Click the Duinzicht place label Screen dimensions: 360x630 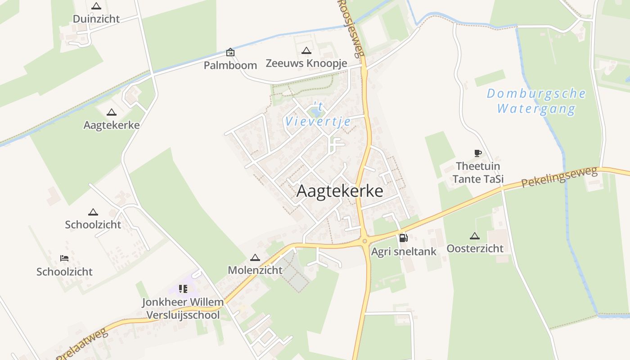[x=96, y=19]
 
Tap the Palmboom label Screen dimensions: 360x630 [x=230, y=65]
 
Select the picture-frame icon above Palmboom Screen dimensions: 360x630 [x=230, y=52]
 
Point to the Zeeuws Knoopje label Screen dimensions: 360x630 [x=306, y=63]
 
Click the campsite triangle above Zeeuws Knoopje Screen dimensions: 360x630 [x=306, y=50]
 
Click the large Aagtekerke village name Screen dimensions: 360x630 [x=340, y=191]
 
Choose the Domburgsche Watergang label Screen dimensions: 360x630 [x=536, y=101]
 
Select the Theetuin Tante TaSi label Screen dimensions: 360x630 [x=478, y=173]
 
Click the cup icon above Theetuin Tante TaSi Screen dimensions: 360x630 [x=478, y=153]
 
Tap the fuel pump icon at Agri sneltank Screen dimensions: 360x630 [x=403, y=238]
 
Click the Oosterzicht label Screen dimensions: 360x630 [x=475, y=248]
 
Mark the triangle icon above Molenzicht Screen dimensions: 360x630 [x=255, y=258]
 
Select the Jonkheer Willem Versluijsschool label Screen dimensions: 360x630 [x=183, y=308]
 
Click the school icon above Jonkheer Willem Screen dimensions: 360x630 [x=183, y=288]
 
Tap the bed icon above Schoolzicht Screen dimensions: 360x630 [x=64, y=258]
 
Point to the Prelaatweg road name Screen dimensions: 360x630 [x=82, y=344]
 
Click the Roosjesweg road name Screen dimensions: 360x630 [x=351, y=28]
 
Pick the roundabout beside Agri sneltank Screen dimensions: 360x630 [x=364, y=242]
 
